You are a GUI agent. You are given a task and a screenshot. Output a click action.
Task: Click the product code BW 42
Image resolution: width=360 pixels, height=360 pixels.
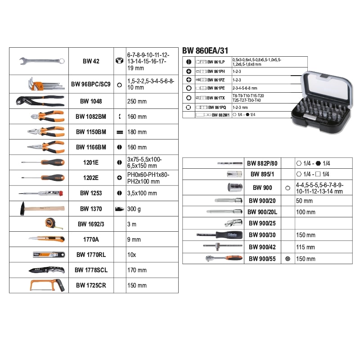pos(90,61)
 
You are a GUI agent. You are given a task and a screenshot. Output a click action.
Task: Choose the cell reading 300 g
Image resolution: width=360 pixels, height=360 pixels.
pos(135,209)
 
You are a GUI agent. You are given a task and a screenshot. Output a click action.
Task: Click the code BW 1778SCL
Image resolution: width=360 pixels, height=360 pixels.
pos(91,270)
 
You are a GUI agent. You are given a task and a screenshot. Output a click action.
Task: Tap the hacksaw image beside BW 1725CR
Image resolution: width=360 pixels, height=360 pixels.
pos(47,285)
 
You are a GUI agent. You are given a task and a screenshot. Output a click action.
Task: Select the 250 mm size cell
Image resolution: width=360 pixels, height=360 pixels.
pos(137,102)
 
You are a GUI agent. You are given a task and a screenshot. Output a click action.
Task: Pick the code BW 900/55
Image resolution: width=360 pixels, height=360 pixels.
pos(262,259)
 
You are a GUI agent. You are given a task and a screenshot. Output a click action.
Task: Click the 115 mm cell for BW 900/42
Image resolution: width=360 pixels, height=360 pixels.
pos(306,247)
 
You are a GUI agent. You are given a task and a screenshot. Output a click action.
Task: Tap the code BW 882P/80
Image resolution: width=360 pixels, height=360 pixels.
pos(262,164)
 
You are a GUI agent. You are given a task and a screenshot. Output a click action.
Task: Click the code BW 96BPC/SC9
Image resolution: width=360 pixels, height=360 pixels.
pos(90,84)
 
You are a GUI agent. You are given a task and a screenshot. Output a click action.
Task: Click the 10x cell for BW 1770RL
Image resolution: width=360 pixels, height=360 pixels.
pos(131,255)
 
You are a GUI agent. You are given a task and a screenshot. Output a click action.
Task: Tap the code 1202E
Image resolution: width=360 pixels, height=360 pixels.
pos(90,178)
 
